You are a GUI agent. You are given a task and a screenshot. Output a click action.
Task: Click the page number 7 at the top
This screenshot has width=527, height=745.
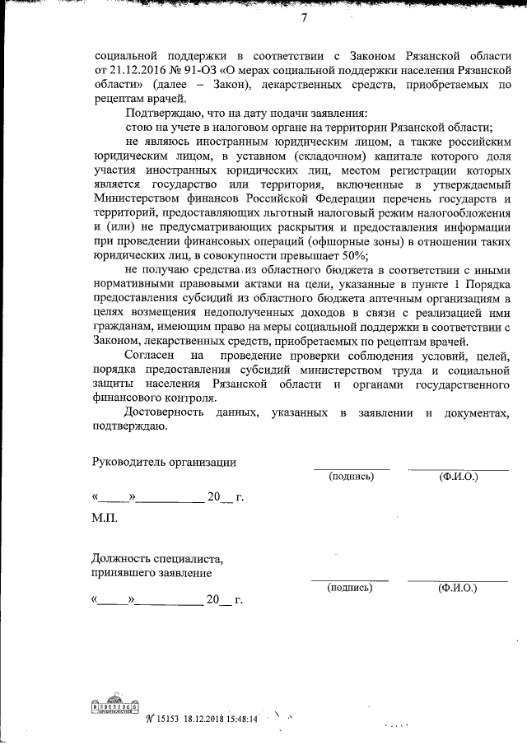pyautogui.click(x=304, y=18)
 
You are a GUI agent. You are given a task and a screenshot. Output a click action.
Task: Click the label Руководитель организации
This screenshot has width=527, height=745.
pyautogui.click(x=164, y=462)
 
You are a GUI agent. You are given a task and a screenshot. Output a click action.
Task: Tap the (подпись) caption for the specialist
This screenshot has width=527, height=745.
pyautogui.click(x=350, y=588)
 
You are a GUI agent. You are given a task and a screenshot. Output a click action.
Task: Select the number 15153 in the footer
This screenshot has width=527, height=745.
pyautogui.click(x=169, y=718)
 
